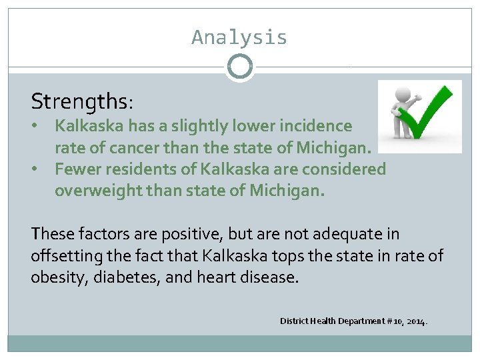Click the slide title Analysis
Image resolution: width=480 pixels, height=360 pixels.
point(239,37)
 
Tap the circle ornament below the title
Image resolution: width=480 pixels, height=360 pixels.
point(239,67)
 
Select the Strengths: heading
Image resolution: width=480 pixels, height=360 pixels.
point(82,102)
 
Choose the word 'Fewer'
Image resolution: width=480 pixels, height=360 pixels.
point(78,169)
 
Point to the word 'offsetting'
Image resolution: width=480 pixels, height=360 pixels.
point(65,255)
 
